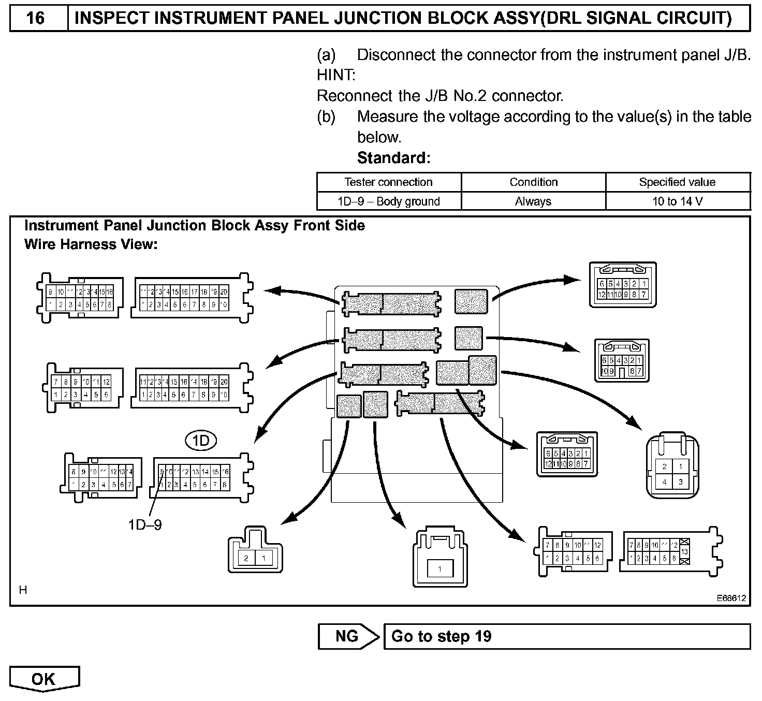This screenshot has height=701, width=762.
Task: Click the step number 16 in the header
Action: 35,18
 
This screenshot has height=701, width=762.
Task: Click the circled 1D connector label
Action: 200,441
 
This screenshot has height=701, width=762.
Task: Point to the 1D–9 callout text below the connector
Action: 145,525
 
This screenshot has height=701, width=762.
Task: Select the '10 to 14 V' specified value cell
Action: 677,201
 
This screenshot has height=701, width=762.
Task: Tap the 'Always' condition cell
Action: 533,201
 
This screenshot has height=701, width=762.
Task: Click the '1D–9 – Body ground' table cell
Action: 389,201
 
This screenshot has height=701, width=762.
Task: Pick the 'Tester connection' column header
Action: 389,182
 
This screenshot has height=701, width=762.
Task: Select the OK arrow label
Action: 43,679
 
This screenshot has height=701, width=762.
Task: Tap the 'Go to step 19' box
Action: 567,636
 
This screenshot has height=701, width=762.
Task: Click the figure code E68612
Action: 731,598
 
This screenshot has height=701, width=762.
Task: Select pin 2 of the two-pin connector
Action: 246,558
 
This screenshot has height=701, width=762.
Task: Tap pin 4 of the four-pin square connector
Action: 665,482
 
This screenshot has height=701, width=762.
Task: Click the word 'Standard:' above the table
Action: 393,158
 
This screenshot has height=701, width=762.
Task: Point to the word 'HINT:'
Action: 336,76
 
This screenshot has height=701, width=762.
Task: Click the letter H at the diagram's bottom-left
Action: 23,590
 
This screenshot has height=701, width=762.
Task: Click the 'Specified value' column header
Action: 677,182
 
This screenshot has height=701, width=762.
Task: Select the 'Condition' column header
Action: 533,182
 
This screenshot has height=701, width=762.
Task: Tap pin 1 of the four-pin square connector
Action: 681,466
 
